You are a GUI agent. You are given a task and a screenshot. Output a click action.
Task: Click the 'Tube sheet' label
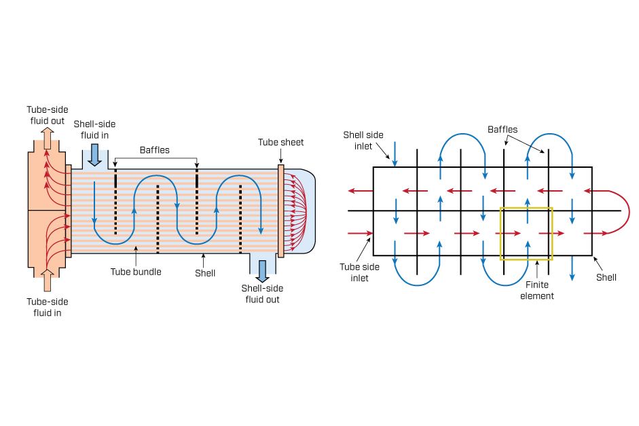(280, 142)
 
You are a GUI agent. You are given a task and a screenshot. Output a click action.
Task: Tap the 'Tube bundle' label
(136, 272)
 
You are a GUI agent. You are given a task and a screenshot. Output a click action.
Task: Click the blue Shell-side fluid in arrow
(94, 154)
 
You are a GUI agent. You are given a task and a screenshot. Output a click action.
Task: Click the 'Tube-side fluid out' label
(46, 115)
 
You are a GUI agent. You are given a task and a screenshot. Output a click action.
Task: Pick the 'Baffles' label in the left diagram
(156, 149)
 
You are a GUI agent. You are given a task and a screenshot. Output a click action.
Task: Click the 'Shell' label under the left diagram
(204, 272)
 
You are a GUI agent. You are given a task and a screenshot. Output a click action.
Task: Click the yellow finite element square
(526, 209)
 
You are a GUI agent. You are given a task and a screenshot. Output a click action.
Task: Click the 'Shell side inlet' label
(363, 141)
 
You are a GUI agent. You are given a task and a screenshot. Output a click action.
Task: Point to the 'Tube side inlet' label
(354, 272)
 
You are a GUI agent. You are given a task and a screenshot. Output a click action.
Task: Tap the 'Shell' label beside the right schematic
(606, 277)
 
